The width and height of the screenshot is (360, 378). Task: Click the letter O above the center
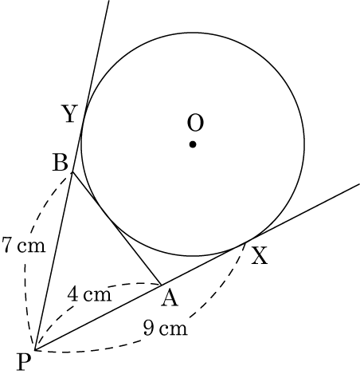[195, 123]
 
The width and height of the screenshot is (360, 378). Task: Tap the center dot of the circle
[193, 144]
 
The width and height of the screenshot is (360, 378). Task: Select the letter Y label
[70, 113]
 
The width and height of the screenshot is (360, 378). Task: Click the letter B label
[61, 163]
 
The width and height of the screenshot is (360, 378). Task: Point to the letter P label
[24, 362]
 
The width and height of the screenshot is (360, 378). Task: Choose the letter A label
[170, 298]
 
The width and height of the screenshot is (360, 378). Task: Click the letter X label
[260, 256]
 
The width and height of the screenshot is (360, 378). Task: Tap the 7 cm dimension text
[24, 245]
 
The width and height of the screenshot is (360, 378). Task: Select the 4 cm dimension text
[89, 294]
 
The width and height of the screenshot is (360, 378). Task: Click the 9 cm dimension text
[166, 328]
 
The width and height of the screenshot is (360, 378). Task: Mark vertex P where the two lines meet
[35, 349]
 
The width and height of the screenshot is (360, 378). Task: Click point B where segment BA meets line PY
[72, 172]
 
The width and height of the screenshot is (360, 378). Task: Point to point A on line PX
[161, 285]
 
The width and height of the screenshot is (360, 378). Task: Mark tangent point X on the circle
[245, 242]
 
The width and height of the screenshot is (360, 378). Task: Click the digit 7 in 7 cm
[7, 245]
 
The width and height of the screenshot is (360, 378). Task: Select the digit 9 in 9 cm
[148, 328]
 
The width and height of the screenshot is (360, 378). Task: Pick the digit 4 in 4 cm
[72, 294]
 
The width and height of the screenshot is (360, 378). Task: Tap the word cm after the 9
[174, 330]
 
